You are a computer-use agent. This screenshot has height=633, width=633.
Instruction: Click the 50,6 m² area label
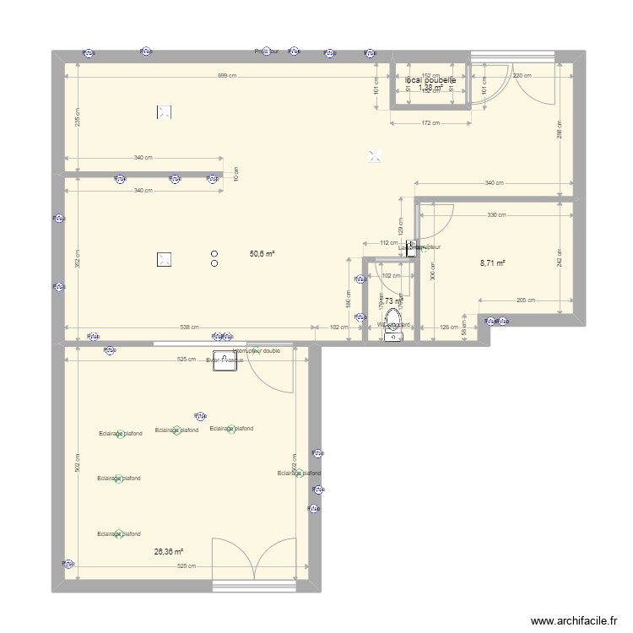(262, 252)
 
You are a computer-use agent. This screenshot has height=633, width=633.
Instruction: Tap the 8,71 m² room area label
(492, 263)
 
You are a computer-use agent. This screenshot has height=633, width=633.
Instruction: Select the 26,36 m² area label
(168, 552)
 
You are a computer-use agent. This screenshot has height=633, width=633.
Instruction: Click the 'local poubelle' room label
(430, 80)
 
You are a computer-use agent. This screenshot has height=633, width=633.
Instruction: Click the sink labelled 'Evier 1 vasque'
(225, 360)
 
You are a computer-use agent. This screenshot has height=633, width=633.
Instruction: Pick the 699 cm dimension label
(226, 76)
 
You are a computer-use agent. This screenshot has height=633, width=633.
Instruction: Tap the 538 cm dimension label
(189, 327)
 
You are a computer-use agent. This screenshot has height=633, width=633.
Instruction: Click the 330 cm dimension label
(496, 214)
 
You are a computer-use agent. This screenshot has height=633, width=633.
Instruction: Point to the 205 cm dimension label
(525, 300)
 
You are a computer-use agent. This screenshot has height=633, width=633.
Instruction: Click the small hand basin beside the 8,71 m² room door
(411, 248)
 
